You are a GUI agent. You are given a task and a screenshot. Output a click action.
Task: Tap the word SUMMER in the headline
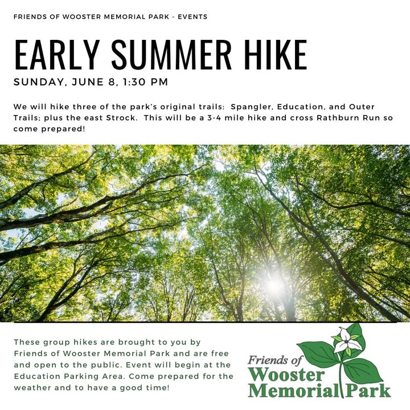(x=171, y=55)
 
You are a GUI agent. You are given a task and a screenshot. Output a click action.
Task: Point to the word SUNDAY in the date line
(x=39, y=83)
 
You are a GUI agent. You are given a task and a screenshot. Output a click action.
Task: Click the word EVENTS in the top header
(x=192, y=17)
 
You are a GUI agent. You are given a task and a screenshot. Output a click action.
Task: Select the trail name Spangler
(x=252, y=107)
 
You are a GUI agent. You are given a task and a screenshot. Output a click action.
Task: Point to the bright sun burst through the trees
(x=274, y=285)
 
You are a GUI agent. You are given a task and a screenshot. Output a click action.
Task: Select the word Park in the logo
(x=368, y=391)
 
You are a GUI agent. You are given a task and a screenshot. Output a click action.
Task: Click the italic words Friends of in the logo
(x=275, y=360)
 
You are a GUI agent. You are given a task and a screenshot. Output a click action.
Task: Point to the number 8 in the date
(x=111, y=82)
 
